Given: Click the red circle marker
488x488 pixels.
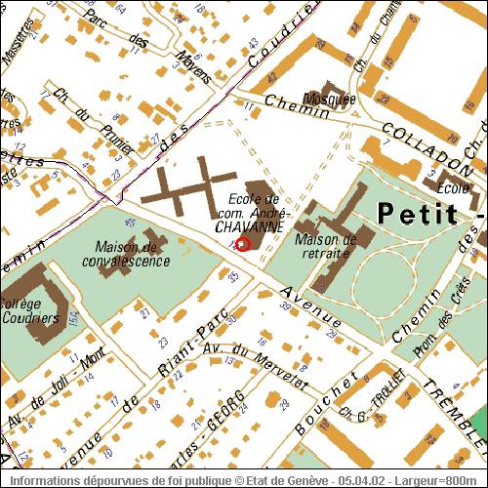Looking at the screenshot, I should coord(243,244).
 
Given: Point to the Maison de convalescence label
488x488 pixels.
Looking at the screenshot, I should coord(133,253).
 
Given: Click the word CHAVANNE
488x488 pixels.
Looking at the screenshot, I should coord(249,225).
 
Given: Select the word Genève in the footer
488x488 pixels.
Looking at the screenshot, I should coord(313,480).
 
